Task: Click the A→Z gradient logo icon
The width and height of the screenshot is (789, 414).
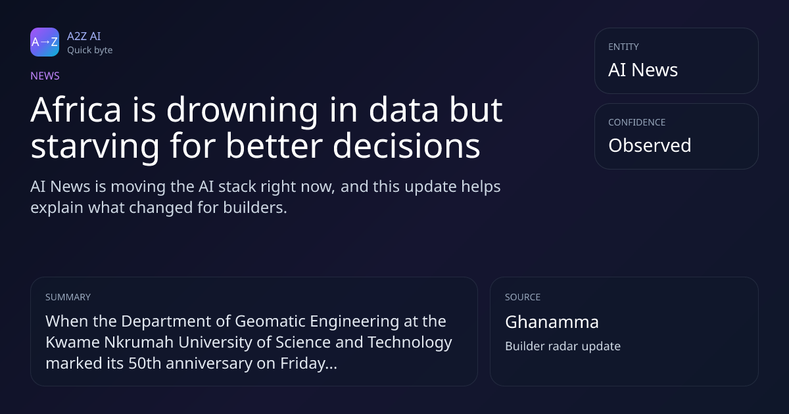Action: pyautogui.click(x=45, y=42)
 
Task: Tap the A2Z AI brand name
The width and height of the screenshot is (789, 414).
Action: pyautogui.click(x=84, y=36)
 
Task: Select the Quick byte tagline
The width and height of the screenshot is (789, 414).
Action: pyautogui.click(x=90, y=51)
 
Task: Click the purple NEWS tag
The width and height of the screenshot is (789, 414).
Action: pyautogui.click(x=45, y=76)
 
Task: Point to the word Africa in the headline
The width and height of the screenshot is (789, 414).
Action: pyautogui.click(x=76, y=110)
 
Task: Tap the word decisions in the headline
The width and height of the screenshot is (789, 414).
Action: pyautogui.click(x=406, y=145)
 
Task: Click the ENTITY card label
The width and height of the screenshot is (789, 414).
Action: pyautogui.click(x=623, y=47)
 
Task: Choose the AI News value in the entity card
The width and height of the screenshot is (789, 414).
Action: pyautogui.click(x=643, y=70)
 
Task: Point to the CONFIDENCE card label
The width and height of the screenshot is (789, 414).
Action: pyautogui.click(x=637, y=122)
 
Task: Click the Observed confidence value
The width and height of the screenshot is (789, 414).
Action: pyautogui.click(x=650, y=145)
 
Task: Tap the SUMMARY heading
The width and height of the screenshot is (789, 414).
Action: pyautogui.click(x=68, y=297)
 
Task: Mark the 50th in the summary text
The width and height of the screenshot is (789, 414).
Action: pyautogui.click(x=145, y=363)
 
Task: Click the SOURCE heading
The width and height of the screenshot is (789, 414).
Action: pyautogui.click(x=523, y=297)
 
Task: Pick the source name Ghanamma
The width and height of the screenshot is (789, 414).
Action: pyautogui.click(x=552, y=322)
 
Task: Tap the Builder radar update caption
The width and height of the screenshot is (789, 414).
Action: pyautogui.click(x=563, y=346)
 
